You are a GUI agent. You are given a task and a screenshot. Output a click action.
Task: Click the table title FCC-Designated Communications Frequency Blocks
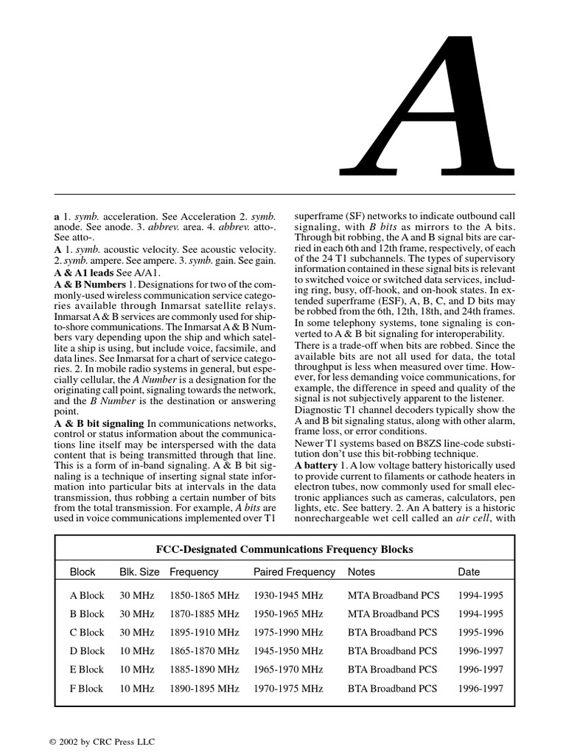click(284, 549)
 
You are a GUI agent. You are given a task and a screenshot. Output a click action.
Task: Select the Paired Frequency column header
click(294, 572)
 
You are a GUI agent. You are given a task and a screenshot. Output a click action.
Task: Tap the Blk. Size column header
click(139, 572)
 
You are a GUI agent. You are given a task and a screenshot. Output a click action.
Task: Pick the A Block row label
click(87, 595)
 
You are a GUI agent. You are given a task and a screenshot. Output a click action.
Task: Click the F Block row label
click(87, 689)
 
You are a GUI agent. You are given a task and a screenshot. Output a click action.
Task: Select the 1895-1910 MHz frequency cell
click(204, 633)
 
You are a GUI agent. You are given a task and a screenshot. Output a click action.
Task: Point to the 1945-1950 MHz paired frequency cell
click(288, 651)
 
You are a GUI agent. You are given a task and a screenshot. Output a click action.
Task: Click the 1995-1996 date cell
click(481, 633)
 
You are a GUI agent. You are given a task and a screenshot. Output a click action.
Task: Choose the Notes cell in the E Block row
click(392, 669)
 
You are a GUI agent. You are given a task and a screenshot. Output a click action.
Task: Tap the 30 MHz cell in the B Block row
click(137, 613)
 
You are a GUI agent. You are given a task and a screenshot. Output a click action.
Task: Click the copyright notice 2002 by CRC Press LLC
click(99, 739)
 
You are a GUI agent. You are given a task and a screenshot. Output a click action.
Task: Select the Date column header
click(469, 572)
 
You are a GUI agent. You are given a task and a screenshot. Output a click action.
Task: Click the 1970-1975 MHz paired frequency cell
click(288, 689)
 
